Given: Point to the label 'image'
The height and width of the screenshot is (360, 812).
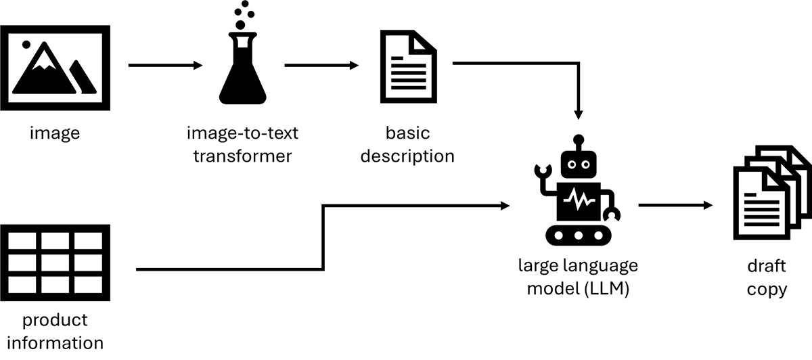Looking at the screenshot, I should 55,133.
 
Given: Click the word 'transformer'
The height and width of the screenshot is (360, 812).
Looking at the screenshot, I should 242,156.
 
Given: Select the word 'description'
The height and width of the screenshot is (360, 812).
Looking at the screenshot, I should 407,156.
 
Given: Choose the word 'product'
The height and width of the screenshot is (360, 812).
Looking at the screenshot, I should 54,319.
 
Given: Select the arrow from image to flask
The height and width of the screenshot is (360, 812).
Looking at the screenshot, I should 165,66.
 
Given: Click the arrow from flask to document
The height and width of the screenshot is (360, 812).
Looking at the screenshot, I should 321,66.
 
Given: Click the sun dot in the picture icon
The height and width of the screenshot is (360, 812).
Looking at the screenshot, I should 26,44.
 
